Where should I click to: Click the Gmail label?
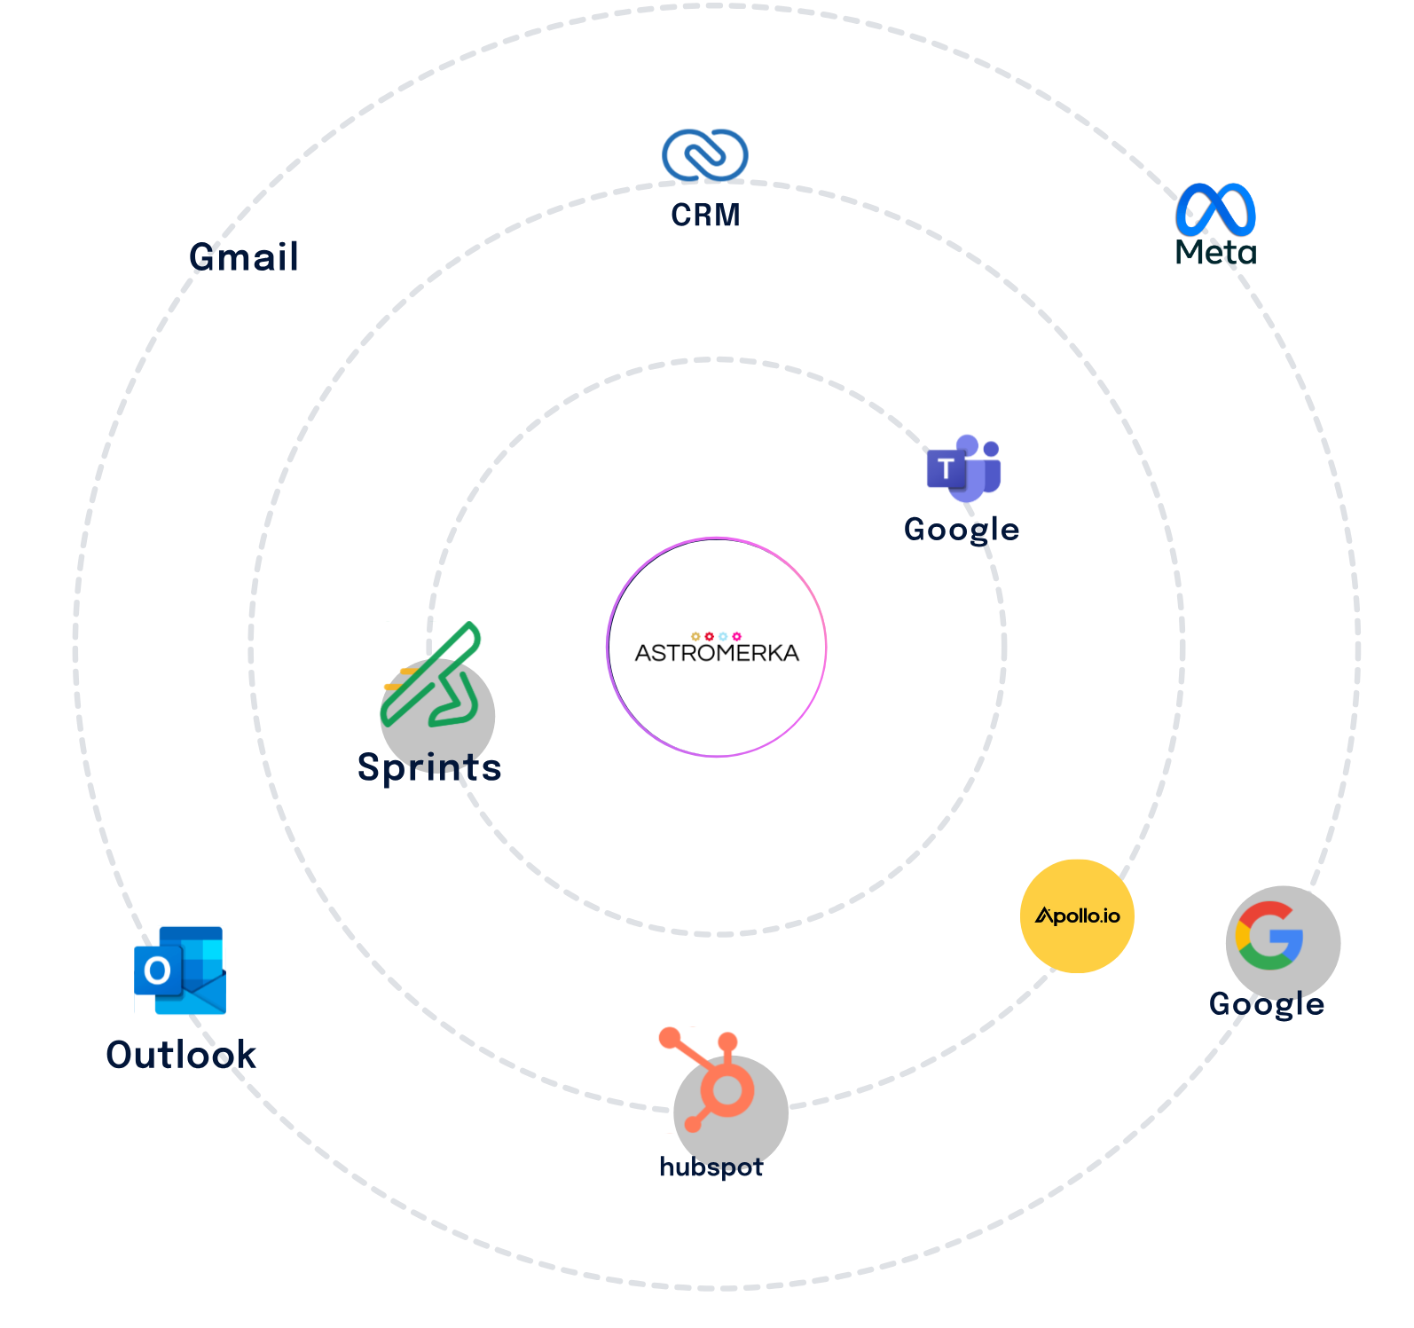(x=244, y=257)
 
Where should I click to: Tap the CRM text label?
(x=705, y=215)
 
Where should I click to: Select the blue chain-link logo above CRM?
(x=705, y=155)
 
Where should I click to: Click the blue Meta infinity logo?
(x=1215, y=209)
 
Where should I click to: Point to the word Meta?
(x=1215, y=253)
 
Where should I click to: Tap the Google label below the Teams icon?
(x=962, y=530)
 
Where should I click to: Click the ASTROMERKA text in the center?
(x=717, y=653)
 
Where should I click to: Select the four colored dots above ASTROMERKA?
(x=716, y=636)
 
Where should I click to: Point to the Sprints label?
(x=429, y=767)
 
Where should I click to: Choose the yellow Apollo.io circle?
(x=1077, y=915)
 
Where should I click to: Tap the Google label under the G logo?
(x=1267, y=1004)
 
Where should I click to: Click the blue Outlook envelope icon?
(x=181, y=970)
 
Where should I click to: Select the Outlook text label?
(x=181, y=1055)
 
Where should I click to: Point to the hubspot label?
(x=711, y=1167)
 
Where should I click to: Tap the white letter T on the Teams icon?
(x=947, y=467)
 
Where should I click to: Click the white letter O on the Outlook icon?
(x=158, y=970)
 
